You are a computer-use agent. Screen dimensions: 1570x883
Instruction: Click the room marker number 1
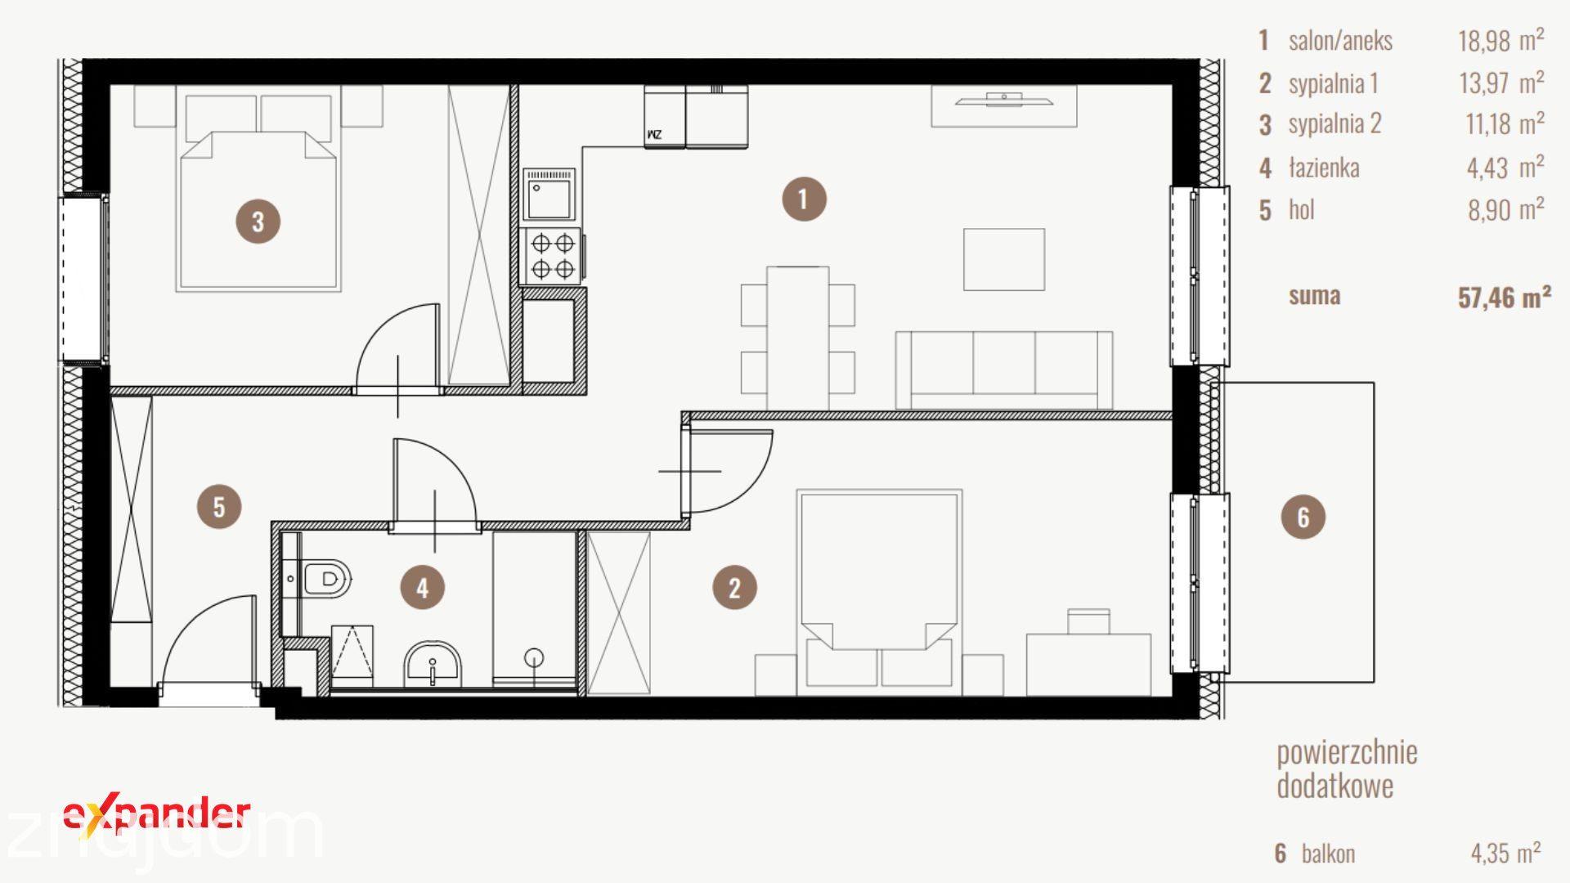pos(803,199)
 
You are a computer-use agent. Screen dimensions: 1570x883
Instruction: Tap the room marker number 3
pos(258,221)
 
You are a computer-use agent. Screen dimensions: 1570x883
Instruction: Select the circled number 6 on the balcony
pos(1303,517)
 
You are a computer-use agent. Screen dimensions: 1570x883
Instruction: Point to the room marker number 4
pos(422,587)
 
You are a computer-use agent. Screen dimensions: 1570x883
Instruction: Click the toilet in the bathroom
pos(327,579)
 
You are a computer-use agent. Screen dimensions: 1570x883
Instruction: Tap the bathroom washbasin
pos(433,665)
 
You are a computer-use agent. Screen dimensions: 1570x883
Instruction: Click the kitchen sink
pos(549,195)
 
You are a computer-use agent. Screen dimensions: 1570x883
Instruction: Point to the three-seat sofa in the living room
pos(1003,370)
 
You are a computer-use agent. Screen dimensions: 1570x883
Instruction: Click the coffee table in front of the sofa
pos(1003,259)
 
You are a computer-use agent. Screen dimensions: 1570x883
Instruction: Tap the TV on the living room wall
pos(1004,100)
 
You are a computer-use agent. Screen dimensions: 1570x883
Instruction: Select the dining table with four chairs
pos(797,338)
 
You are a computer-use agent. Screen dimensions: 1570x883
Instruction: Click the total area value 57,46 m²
pos(1504,297)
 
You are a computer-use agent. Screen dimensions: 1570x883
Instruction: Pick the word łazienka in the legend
pos(1324,168)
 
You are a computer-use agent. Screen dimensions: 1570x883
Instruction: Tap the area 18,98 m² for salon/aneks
pos(1501,40)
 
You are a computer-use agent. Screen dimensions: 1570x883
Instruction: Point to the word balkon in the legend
pos(1328,854)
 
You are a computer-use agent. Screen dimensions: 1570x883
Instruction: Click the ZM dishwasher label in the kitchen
pos(654,134)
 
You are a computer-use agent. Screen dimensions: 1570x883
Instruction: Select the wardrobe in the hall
pos(131,509)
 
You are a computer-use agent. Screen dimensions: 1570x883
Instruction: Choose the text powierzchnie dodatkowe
pos(1347,769)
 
